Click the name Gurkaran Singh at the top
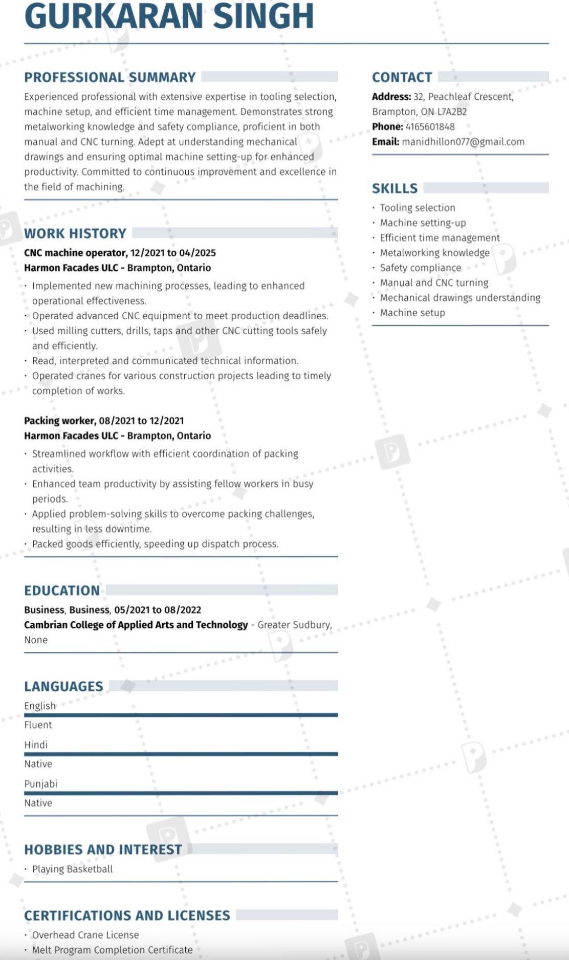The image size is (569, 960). point(169,16)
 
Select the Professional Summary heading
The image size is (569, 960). point(110,77)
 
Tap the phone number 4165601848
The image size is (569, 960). point(430,127)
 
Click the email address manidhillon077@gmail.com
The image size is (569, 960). point(463,142)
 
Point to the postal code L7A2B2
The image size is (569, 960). point(452,112)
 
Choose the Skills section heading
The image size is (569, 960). point(395,188)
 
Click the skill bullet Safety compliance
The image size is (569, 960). point(420,268)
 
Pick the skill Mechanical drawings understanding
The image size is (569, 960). point(460,298)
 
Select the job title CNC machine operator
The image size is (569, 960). point(75,253)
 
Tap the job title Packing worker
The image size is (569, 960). point(59,421)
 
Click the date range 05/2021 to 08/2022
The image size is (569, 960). point(158,610)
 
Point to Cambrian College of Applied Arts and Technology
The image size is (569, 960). point(136,625)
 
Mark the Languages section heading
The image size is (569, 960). point(63,686)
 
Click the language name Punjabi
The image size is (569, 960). point(41,784)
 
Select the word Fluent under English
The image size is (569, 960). point(38,725)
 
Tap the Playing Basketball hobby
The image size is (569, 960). point(72,869)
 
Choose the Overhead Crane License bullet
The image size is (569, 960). point(85,935)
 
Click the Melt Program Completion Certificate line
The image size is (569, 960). point(112,950)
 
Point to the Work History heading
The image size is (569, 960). point(75,233)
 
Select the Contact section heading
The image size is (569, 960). point(402,77)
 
